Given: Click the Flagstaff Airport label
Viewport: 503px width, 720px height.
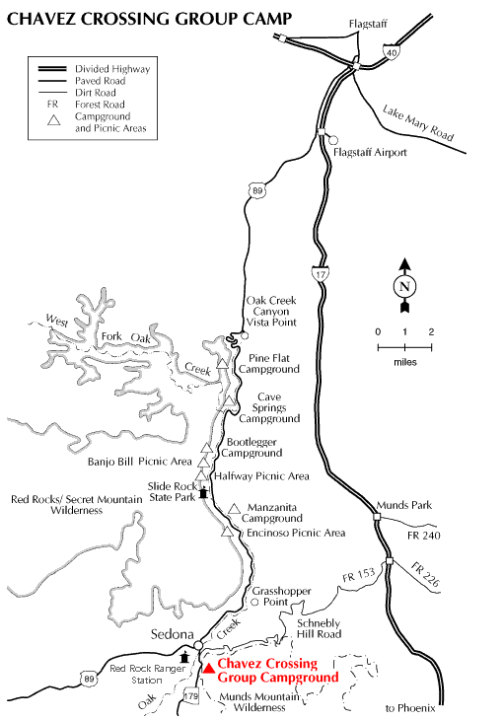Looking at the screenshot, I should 371,153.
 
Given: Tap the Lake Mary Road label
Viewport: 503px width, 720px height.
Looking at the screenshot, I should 422,126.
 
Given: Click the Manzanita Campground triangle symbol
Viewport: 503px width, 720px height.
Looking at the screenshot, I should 234,509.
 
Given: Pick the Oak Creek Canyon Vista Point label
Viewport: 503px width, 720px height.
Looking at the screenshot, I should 269,312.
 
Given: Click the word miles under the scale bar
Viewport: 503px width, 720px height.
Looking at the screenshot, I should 404,362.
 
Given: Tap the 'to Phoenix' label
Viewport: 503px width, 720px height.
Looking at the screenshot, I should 409,709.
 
